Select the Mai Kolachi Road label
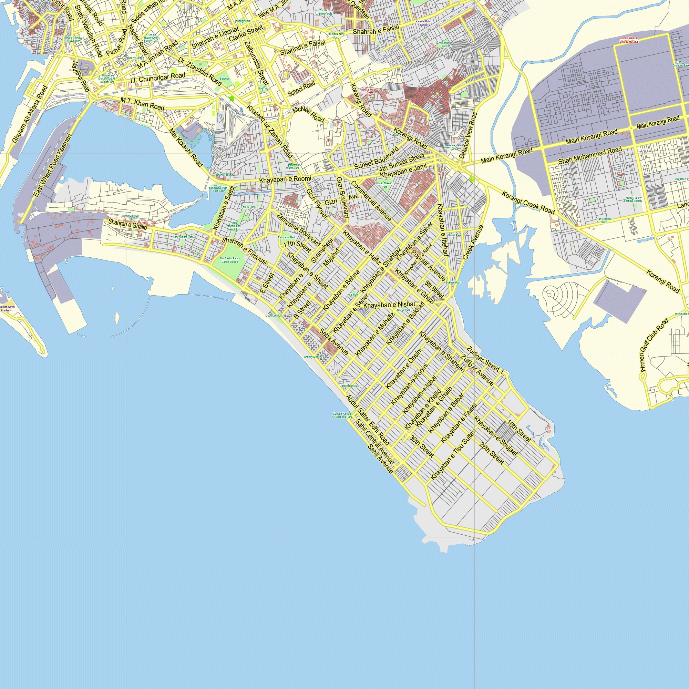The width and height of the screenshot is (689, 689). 185,148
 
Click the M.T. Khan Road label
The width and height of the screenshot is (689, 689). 142,104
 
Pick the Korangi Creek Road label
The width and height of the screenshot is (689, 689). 528,203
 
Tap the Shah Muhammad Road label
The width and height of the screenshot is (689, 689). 590,155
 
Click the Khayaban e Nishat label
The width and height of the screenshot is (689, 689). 389,305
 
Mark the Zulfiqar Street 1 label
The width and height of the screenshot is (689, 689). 485,360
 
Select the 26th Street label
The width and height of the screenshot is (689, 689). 492,454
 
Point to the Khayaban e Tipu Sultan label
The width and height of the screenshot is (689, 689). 453,454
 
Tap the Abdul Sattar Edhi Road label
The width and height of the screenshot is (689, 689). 368,420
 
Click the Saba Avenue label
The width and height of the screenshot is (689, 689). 334,342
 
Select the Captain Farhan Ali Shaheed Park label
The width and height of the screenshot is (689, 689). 342,415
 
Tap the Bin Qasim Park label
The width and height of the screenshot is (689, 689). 229,260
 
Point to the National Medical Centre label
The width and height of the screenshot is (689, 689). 369,91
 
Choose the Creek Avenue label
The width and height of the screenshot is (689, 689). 473,242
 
